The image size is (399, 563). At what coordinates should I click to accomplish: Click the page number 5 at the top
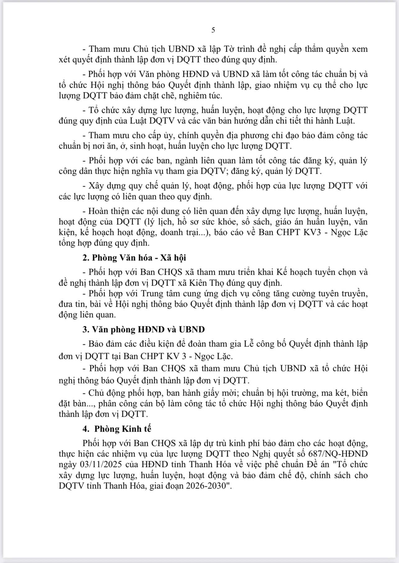pos(213,30)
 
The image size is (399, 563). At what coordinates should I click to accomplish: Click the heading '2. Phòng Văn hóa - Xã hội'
pos(134,258)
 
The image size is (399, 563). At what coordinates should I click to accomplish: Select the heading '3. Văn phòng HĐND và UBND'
pos(144,329)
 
